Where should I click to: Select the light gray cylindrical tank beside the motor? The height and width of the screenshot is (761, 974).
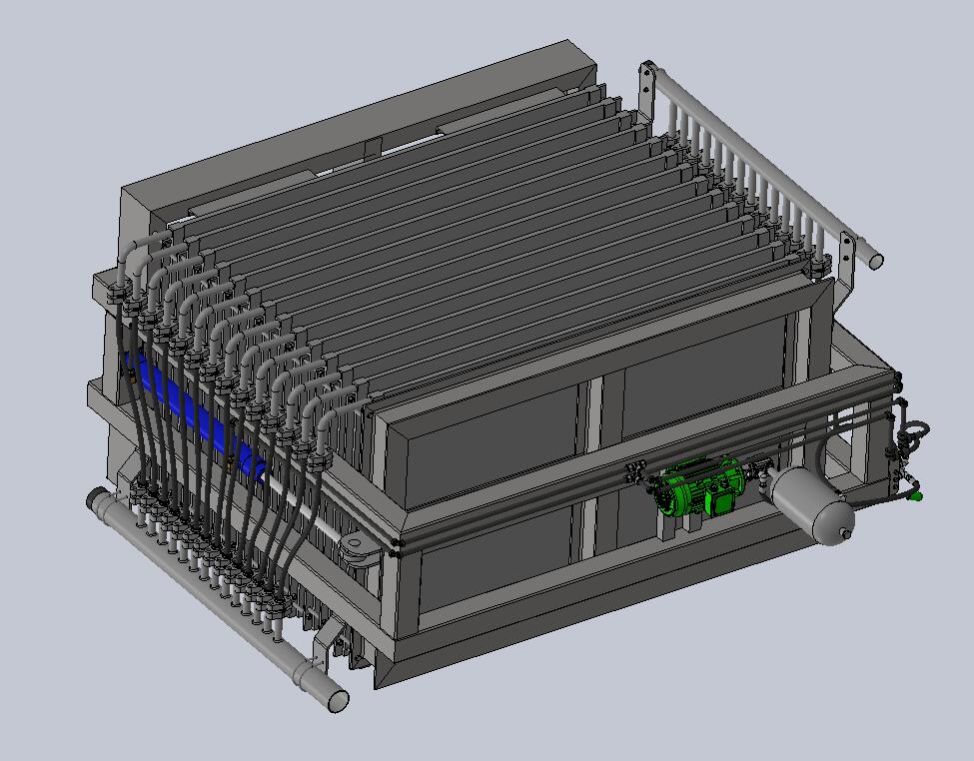pyautogui.click(x=813, y=505)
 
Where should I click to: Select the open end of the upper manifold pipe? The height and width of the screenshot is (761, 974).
pyautogui.click(x=876, y=261)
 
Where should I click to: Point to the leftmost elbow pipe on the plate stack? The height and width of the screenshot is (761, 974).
pyautogui.click(x=140, y=248)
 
